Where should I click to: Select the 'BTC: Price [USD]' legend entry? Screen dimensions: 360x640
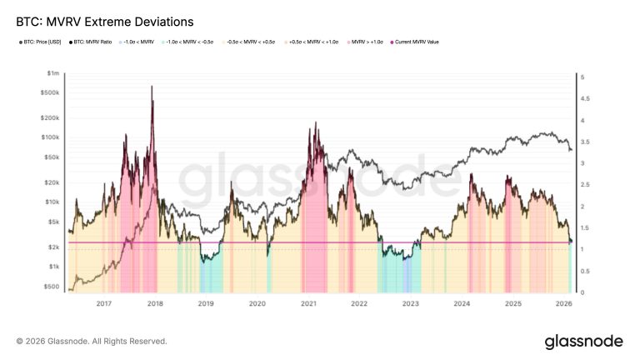39,42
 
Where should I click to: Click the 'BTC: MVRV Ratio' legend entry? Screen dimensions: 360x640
92,42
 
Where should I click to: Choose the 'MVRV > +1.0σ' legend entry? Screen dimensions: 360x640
367,42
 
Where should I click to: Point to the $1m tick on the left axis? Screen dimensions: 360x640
54,74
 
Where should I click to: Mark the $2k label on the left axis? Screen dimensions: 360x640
53,247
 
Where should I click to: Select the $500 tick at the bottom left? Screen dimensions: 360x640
52,286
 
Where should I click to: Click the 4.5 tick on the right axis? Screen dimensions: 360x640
584,98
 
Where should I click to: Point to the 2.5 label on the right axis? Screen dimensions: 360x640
584,185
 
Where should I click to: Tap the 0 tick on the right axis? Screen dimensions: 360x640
582,292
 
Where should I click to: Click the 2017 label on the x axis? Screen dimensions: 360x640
103,304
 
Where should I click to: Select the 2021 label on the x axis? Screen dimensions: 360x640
308,304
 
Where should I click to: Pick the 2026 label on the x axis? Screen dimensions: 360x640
563,304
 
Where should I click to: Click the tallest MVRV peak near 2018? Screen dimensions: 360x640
152,87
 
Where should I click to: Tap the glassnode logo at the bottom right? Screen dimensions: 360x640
582,342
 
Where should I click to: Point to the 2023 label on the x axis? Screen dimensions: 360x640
410,304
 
